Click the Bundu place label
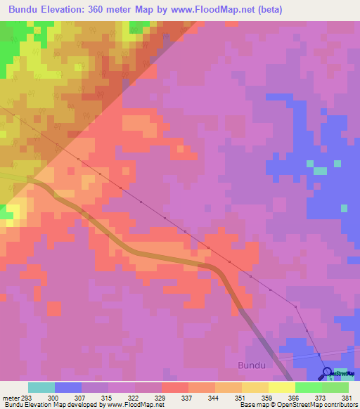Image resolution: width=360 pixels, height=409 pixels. [252, 365]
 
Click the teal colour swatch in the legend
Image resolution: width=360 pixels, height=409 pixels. [41, 387]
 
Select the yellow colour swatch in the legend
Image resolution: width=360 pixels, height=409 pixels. [281, 387]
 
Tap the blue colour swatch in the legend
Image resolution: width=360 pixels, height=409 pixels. [68, 387]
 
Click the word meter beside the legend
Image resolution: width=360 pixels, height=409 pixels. [10, 397]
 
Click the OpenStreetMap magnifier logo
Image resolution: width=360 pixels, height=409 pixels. [327, 372]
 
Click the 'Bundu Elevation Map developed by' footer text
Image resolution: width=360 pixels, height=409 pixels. [55, 405]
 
